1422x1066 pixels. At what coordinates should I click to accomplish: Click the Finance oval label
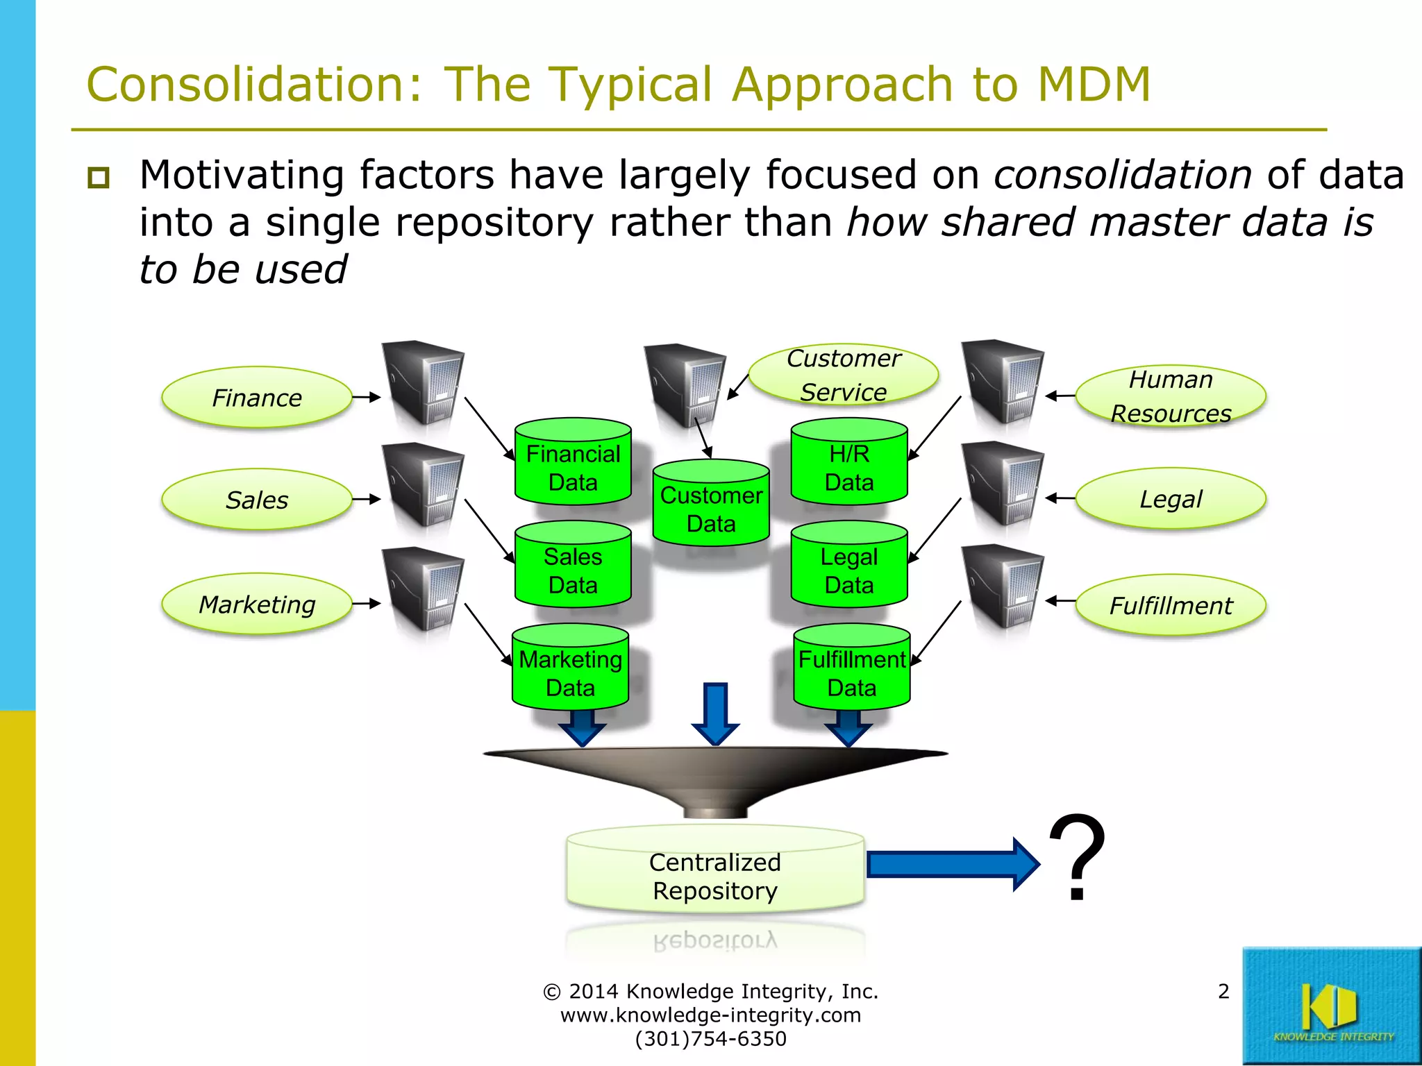[x=257, y=398]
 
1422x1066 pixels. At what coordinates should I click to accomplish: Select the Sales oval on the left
[x=257, y=500]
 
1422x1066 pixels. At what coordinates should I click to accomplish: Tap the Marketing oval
[x=257, y=604]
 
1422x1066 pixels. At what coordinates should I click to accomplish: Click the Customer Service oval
[x=844, y=375]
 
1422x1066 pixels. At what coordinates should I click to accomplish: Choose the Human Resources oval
[x=1171, y=396]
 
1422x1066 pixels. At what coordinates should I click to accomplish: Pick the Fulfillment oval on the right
[x=1171, y=605]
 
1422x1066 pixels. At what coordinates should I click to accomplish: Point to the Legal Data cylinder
[x=849, y=567]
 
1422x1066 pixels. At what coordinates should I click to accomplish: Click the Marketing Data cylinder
[x=570, y=670]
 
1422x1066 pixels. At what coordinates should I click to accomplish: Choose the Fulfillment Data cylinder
[x=851, y=670]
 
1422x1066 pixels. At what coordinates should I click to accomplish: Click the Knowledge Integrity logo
[x=1331, y=1006]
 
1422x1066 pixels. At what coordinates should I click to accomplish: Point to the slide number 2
[x=1223, y=991]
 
